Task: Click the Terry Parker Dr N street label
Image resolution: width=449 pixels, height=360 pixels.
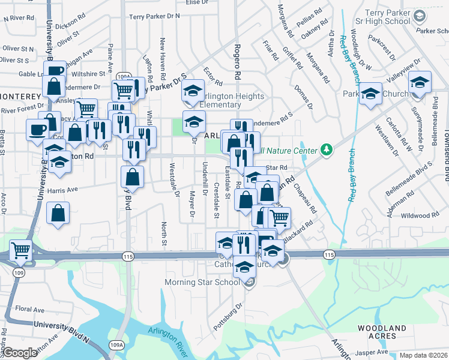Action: tap(154, 17)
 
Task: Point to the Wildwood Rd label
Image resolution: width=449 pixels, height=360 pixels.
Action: tap(421, 215)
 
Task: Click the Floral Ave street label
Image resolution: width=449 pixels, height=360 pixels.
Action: tap(30, 310)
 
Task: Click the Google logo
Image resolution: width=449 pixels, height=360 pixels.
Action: tap(20, 353)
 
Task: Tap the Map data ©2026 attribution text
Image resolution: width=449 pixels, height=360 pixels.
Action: tap(424, 355)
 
